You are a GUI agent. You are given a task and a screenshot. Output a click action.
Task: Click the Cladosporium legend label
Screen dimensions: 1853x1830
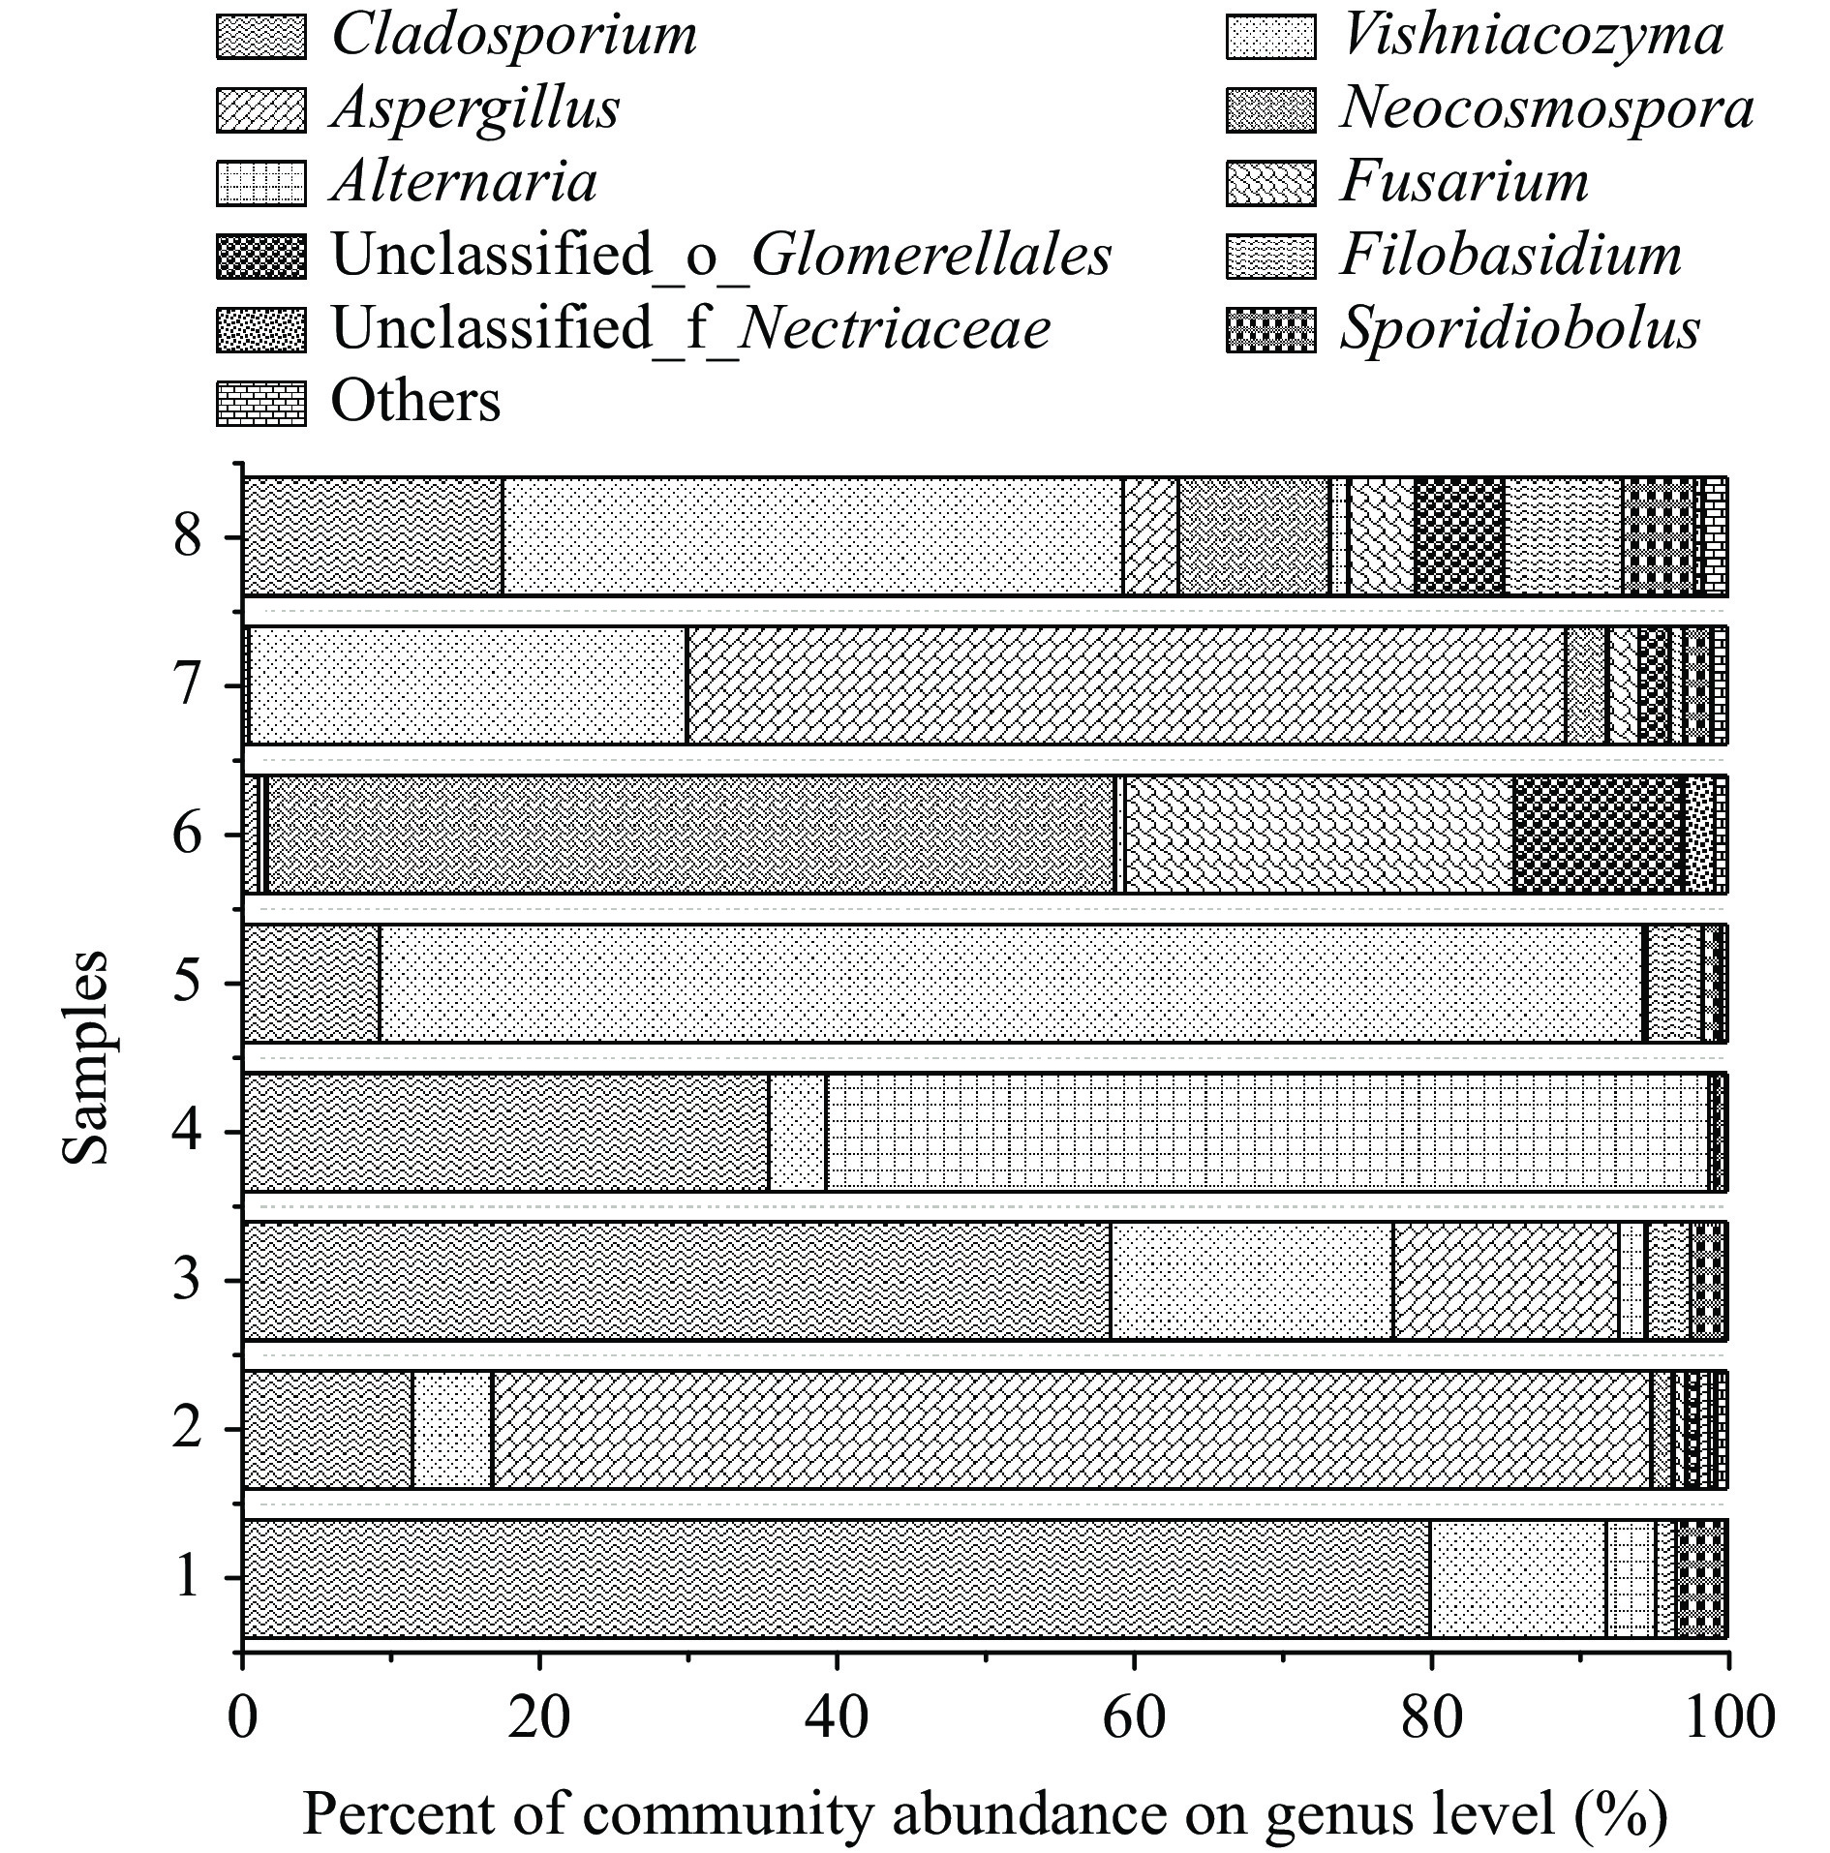point(513,36)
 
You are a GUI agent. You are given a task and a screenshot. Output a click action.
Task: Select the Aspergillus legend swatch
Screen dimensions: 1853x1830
point(260,109)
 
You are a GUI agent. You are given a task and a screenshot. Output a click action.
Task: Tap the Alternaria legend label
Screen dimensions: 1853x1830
point(464,183)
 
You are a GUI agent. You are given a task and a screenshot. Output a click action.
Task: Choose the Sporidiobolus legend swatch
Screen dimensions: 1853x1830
point(1270,330)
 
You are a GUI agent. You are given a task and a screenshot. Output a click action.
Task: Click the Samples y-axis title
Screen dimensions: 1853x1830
point(85,1057)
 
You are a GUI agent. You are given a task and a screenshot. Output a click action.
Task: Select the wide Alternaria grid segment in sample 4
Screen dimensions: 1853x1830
point(1266,1132)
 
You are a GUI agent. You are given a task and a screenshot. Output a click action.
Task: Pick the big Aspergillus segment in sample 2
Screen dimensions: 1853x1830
point(1070,1429)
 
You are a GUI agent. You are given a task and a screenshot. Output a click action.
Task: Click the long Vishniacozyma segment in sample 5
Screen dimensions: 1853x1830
point(1011,983)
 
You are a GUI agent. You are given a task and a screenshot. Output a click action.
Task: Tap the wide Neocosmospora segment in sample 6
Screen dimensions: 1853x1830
point(690,834)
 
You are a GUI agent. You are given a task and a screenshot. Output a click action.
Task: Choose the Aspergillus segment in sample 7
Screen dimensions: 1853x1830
point(1125,685)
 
